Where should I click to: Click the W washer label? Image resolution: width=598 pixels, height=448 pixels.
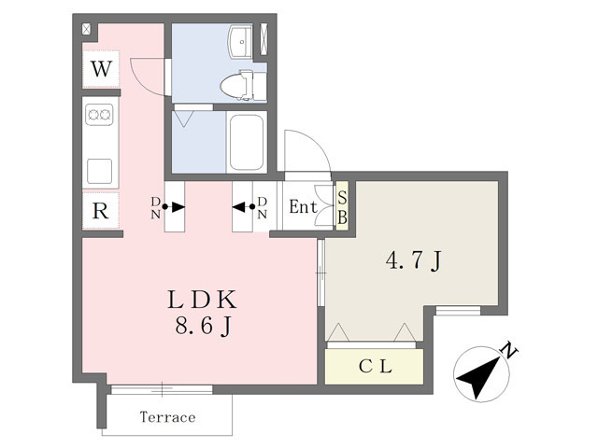coord(102,69)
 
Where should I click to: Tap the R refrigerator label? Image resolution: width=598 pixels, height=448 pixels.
coord(100,211)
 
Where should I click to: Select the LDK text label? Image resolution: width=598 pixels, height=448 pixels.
coord(202,301)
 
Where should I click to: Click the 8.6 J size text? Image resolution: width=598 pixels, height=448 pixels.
coord(204,326)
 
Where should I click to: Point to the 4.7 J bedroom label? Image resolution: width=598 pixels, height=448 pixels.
coord(413,261)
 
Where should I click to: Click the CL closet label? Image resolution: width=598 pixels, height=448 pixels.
coord(376,367)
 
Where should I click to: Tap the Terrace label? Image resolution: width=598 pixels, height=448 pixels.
coord(168,417)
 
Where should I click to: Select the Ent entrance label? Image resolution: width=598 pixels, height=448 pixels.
coord(303,207)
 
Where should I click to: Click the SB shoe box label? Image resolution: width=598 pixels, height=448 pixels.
coord(343,208)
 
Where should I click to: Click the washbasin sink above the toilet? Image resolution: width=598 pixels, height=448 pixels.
coord(240,42)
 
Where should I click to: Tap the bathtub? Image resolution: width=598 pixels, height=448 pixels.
coord(247,142)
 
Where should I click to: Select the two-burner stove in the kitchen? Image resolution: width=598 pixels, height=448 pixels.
coord(99,114)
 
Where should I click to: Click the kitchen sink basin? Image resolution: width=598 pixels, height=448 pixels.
coord(100,172)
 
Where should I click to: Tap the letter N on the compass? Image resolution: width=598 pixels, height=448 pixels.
coord(508,350)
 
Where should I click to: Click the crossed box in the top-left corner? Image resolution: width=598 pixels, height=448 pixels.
coord(87,29)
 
